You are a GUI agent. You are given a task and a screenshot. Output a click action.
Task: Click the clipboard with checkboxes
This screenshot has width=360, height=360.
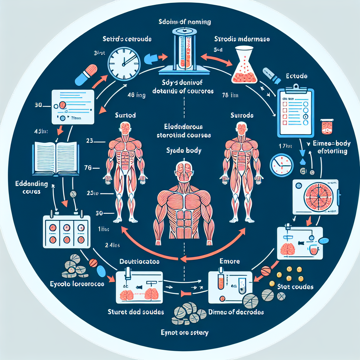[295, 111]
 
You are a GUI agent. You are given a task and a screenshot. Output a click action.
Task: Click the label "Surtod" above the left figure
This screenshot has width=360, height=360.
[125, 115]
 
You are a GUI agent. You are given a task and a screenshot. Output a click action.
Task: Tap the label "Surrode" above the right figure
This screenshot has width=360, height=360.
[242, 115]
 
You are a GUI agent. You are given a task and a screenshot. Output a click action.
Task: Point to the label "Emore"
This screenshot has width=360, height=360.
[229, 261]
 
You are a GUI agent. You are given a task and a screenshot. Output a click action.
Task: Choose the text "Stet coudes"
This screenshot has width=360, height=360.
[295, 287]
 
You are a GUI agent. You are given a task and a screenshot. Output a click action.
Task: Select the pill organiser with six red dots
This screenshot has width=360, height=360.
[65, 232]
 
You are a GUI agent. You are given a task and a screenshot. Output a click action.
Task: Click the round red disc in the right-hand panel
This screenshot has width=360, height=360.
[315, 197]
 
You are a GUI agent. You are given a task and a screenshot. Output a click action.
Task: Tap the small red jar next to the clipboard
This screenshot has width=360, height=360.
[326, 127]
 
